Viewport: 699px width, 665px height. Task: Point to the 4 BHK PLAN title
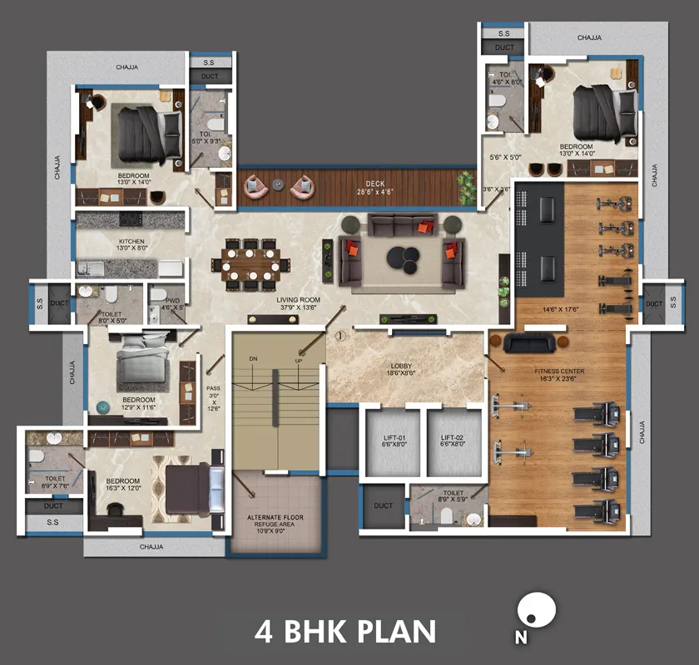click(345, 631)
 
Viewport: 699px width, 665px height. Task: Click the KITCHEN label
click(131, 244)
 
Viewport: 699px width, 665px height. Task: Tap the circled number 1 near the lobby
click(340, 337)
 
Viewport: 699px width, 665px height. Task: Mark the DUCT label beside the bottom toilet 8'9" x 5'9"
click(383, 505)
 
